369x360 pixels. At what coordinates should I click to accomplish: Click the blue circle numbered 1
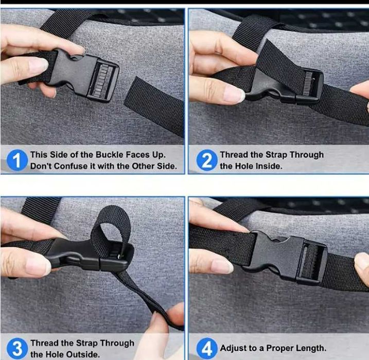click(17, 160)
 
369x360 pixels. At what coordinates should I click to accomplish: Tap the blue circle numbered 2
click(206, 160)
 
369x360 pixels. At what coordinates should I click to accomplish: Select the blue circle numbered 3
click(17, 349)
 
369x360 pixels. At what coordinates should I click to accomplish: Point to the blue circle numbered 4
click(206, 349)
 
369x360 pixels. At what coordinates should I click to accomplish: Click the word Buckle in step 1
click(110, 155)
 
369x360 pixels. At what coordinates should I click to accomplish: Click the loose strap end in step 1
click(155, 106)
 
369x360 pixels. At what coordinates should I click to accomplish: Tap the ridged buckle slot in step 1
click(101, 80)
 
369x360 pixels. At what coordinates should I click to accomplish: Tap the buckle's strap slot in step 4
click(310, 261)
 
